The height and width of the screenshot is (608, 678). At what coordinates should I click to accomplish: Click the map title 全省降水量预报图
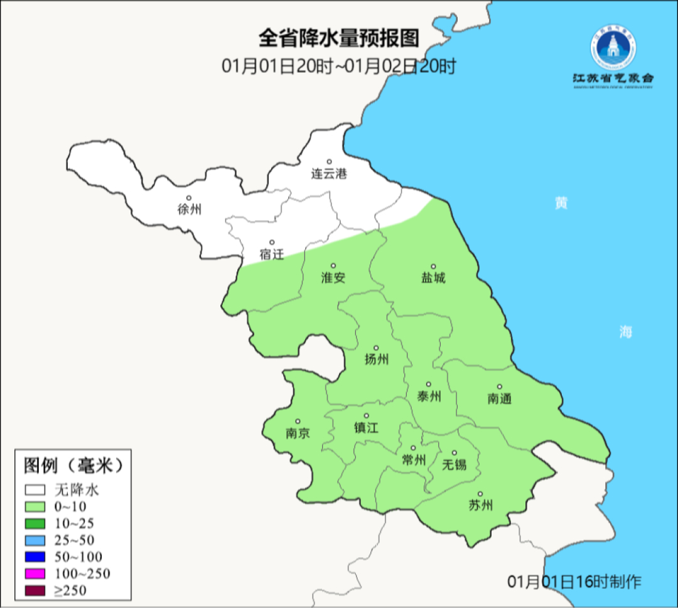[x=338, y=38]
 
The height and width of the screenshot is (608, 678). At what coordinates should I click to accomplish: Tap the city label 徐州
[x=190, y=210]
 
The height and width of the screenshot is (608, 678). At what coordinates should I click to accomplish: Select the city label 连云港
[x=329, y=174]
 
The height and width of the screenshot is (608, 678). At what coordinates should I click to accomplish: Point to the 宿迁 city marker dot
[x=272, y=242]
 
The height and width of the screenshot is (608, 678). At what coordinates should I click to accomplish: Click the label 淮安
[x=333, y=278]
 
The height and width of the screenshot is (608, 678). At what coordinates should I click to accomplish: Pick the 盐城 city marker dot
[x=433, y=266]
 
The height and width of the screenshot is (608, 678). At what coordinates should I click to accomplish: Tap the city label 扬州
[x=377, y=360]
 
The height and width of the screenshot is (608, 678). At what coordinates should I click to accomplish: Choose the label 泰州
[x=429, y=397]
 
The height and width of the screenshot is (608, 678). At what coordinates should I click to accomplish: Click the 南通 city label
[x=500, y=398]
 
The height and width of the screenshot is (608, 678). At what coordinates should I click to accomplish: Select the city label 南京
[x=298, y=434]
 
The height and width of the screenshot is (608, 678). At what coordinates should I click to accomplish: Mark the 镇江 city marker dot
[x=367, y=416]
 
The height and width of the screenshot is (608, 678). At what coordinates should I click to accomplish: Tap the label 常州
[x=414, y=461]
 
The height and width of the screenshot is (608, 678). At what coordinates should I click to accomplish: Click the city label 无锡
[x=455, y=464]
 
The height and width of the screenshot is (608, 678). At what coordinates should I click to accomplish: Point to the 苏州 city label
[x=481, y=506]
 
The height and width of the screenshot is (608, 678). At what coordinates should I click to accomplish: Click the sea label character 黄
[x=561, y=203]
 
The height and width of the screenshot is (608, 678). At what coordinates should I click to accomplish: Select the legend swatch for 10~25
[x=35, y=523]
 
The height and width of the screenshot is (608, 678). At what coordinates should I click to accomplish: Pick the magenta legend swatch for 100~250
[x=35, y=573]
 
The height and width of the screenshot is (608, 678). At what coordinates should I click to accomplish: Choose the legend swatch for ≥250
[x=35, y=590]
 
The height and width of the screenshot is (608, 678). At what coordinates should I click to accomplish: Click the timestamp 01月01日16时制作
[x=574, y=582]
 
